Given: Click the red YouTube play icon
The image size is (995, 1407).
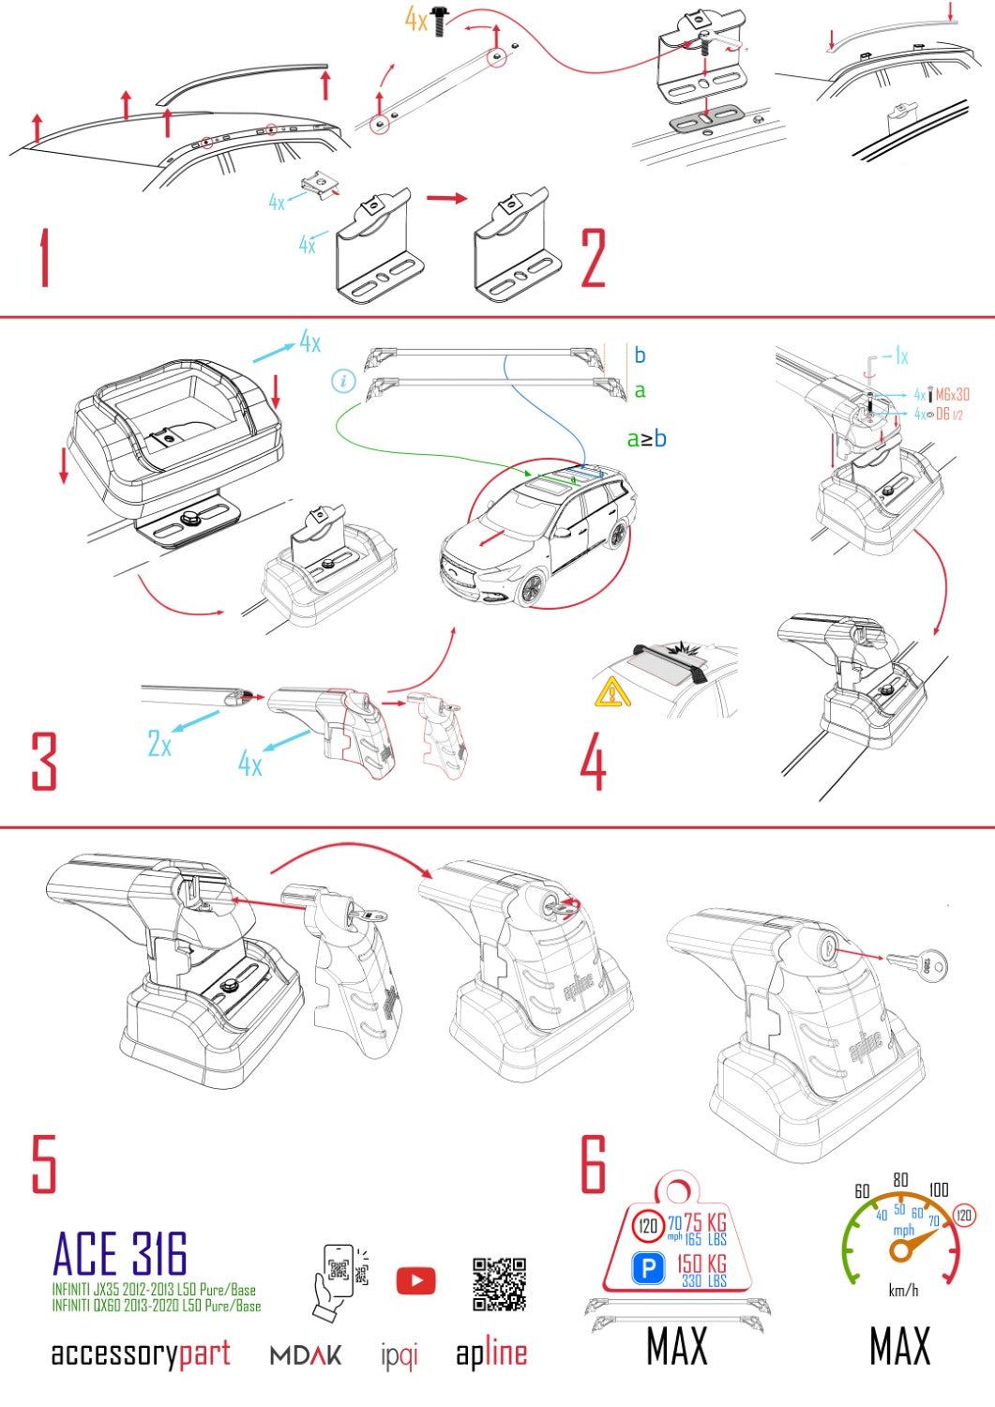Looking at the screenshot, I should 415,1280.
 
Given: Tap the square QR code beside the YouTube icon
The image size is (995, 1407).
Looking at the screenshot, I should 499,1284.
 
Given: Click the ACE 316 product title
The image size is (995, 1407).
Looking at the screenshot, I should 120,1255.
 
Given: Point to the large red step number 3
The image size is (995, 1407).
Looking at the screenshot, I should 44,761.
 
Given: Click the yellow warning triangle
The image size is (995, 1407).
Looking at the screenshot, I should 611,692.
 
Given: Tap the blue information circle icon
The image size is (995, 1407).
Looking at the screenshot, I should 344,381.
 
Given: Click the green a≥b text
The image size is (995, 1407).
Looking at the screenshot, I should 646,438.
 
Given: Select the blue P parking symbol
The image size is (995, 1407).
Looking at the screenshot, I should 648,1269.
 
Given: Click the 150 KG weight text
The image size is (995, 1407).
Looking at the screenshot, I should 701,1263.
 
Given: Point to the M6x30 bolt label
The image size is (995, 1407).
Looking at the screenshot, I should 952,395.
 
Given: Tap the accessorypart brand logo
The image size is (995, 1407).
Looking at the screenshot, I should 141,1354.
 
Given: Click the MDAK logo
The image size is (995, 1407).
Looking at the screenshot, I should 306,1355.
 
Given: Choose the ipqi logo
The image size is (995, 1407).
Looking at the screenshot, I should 400,1355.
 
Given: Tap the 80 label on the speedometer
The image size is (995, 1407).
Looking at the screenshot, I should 900,1180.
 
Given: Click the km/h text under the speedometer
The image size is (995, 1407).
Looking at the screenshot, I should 903,1291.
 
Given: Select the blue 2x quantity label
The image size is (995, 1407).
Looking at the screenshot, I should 159,745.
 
